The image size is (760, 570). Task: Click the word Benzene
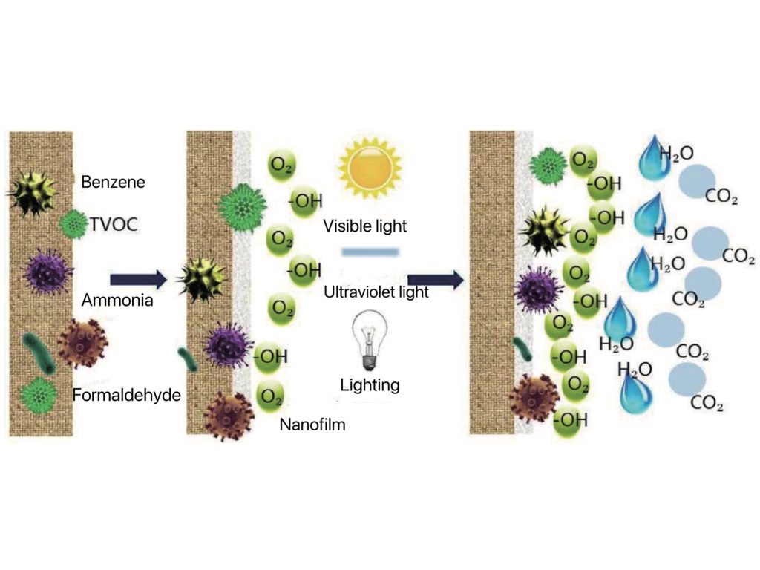(x=113, y=182)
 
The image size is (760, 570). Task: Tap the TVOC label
(x=114, y=224)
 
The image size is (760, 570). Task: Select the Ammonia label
(x=117, y=300)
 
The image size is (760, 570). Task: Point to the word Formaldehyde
(x=126, y=395)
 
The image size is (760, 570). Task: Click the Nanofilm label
(x=312, y=425)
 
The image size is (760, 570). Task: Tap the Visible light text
(x=365, y=226)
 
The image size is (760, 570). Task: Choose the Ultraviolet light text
(x=376, y=292)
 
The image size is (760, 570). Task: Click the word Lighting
(x=370, y=385)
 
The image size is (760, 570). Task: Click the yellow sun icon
(x=370, y=168)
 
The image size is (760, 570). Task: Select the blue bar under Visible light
(x=370, y=252)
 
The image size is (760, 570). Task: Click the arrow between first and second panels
(x=139, y=280)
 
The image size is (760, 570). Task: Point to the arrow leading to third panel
(x=435, y=280)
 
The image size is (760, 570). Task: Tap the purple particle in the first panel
(x=47, y=272)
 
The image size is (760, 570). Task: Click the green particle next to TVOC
(x=74, y=224)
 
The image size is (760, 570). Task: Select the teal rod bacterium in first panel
(x=39, y=353)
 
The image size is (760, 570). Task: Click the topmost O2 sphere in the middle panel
(x=281, y=165)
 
